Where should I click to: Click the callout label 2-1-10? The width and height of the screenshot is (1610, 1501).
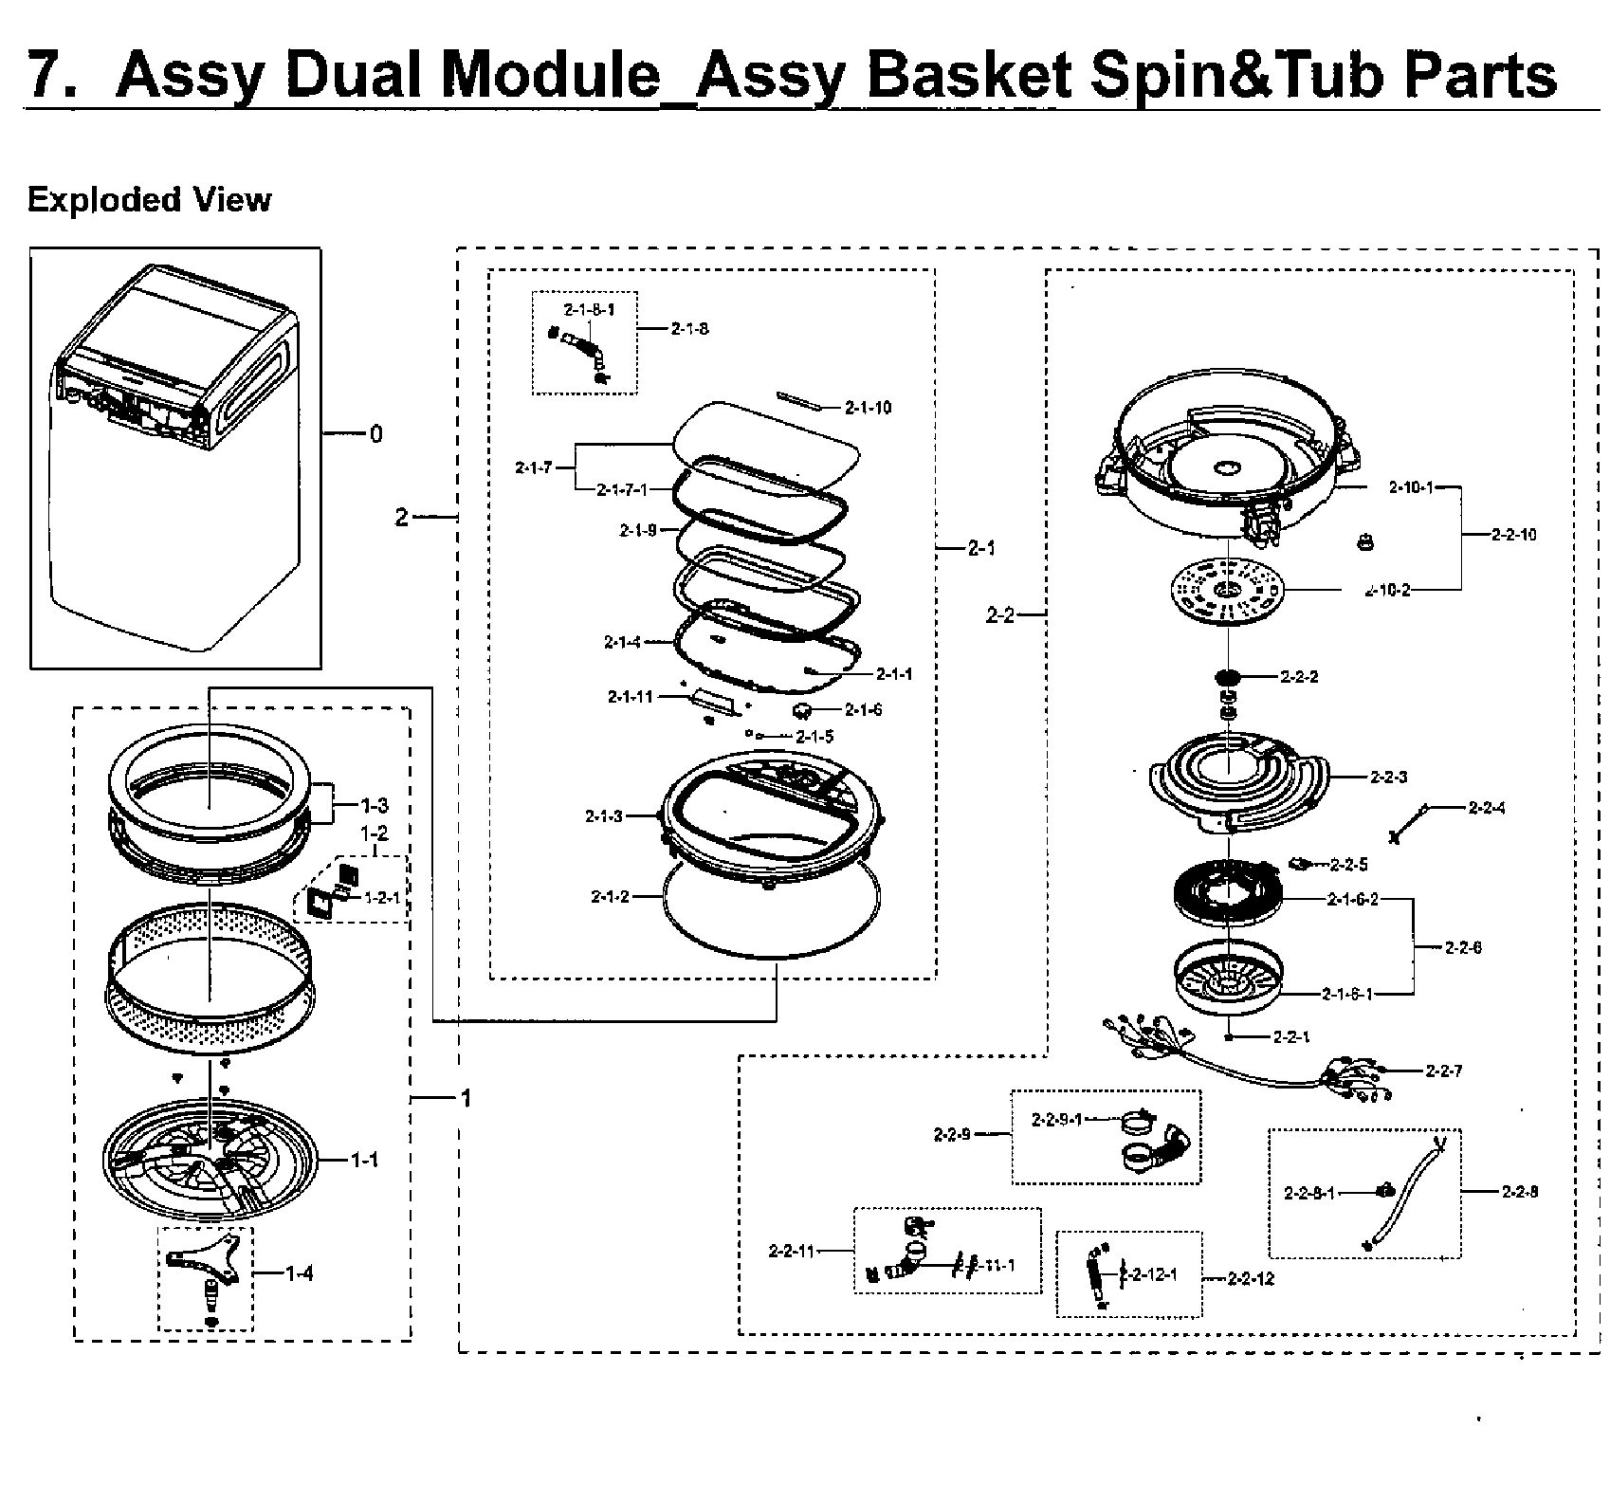coord(868,408)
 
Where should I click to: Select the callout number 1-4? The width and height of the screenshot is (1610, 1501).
coord(300,1273)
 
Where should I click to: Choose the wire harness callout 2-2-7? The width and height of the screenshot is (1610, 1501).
coord(1443,1071)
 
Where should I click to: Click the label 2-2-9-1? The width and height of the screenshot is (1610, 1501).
coord(1056,1119)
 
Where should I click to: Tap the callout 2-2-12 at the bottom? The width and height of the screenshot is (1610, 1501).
coord(1251,1278)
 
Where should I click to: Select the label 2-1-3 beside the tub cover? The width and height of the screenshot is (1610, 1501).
coord(604,815)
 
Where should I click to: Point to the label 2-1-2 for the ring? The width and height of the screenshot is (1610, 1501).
coord(610,896)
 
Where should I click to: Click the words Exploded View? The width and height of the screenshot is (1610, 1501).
coord(149,200)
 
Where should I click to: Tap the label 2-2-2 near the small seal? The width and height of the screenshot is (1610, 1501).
coord(1298,676)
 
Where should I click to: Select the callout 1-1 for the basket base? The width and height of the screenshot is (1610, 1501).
coord(365,1160)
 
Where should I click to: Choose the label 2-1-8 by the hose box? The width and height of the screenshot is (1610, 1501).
coord(689,328)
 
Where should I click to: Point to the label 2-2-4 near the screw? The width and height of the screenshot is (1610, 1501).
coord(1486,807)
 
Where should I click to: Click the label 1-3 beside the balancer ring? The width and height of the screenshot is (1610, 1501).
coord(375,806)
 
